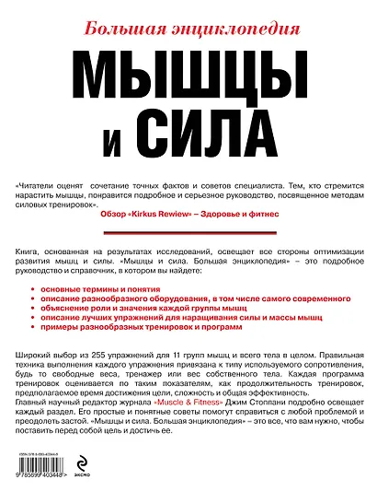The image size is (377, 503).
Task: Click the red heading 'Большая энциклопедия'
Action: (x=188, y=21)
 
